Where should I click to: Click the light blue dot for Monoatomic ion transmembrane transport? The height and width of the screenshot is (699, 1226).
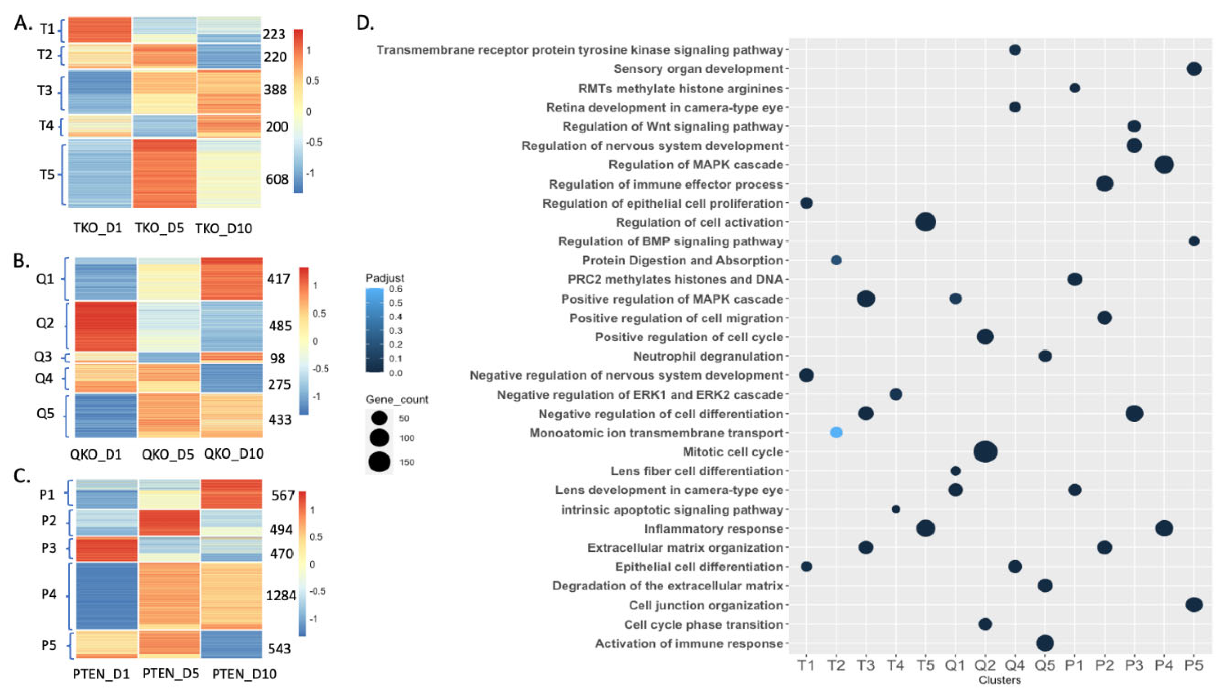click(x=836, y=433)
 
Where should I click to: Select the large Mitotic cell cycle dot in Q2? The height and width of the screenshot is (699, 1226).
click(x=985, y=452)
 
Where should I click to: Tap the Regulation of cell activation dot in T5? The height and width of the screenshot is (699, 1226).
click(x=925, y=222)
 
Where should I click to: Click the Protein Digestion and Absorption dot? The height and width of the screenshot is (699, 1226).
click(x=836, y=260)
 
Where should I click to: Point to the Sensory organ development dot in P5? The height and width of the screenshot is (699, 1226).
click(x=1194, y=69)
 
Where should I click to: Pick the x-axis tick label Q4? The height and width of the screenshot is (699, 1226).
click(x=1015, y=665)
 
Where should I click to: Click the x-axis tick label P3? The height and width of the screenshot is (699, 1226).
click(x=1134, y=665)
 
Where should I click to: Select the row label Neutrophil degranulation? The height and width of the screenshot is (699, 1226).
click(x=708, y=356)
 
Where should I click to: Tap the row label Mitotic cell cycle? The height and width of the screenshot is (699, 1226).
click(x=733, y=452)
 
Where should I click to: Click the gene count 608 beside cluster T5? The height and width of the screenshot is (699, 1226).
click(x=277, y=179)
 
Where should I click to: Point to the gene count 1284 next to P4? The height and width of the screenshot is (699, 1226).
click(x=281, y=596)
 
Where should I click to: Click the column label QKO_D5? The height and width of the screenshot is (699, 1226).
click(x=167, y=454)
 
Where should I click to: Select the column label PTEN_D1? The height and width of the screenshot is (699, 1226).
click(x=101, y=674)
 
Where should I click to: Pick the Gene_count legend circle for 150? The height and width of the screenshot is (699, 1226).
click(x=379, y=462)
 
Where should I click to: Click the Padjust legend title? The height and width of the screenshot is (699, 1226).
click(x=384, y=278)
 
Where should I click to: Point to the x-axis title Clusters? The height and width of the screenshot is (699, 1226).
click(x=1000, y=680)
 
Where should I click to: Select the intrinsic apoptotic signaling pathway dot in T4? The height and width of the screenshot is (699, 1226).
click(x=896, y=509)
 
